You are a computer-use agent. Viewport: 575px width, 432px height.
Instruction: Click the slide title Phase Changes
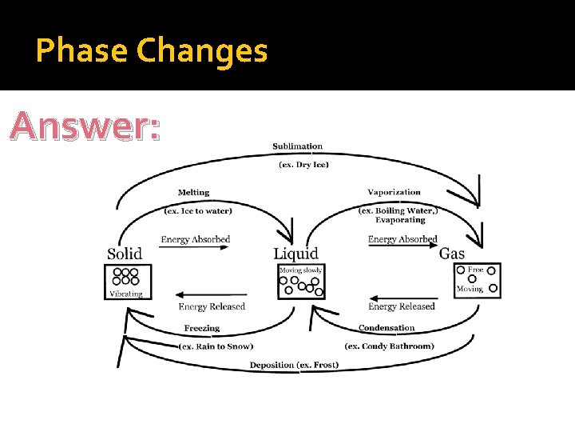152,51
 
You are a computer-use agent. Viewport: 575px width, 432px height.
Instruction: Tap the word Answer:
86,126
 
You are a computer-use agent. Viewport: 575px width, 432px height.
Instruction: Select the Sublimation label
297,146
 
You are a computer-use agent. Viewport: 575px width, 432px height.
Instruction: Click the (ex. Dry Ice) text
303,165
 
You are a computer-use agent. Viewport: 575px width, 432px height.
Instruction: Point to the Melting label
193,192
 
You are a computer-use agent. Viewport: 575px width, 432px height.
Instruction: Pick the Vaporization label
394,192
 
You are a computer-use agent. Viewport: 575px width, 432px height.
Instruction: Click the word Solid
125,254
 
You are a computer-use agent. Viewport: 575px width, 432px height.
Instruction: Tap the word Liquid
296,254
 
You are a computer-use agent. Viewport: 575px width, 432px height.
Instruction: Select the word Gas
452,254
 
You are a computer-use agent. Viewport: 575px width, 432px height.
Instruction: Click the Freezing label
201,328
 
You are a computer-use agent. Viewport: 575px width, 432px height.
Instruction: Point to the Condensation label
387,328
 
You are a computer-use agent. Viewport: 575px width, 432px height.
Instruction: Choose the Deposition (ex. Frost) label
294,365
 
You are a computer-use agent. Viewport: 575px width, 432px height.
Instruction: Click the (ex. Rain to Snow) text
216,346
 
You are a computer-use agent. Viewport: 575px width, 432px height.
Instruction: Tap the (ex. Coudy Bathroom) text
389,346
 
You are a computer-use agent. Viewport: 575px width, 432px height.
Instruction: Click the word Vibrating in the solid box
125,294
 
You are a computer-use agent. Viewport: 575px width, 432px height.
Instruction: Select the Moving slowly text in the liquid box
300,270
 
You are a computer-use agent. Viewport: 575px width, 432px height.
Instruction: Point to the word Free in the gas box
475,270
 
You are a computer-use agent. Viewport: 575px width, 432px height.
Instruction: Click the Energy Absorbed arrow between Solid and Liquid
195,248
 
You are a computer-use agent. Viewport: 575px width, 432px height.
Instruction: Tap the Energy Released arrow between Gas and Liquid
401,296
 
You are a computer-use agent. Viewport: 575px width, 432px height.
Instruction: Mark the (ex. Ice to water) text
198,211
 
